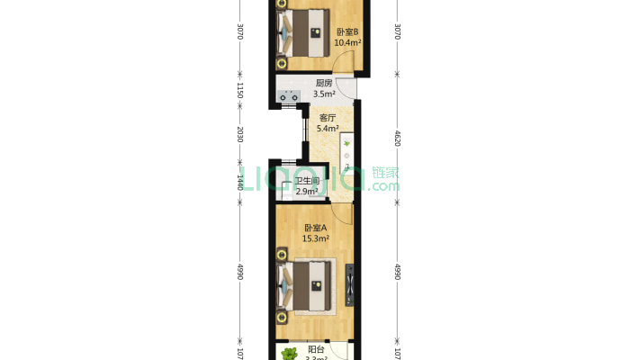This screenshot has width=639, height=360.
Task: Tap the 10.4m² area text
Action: click(x=347, y=41)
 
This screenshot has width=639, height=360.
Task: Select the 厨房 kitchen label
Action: click(x=324, y=83)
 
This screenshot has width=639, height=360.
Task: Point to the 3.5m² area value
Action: click(x=324, y=93)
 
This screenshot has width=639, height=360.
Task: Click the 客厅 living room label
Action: click(x=328, y=117)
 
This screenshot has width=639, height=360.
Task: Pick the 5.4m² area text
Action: click(x=328, y=128)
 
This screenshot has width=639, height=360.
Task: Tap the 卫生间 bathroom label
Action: click(x=308, y=181)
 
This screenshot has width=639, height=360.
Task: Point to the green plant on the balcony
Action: click(x=289, y=353)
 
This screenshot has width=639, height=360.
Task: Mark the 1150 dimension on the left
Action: click(x=240, y=91)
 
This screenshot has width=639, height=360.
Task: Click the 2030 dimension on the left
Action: click(x=240, y=135)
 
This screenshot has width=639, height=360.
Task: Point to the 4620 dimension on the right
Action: click(x=396, y=139)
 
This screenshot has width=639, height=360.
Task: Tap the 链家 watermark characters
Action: click(x=385, y=172)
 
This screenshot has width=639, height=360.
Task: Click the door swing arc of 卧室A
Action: click(x=342, y=214)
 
